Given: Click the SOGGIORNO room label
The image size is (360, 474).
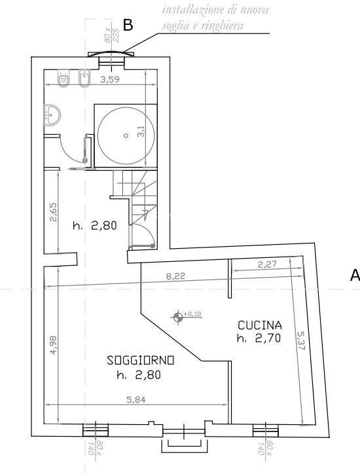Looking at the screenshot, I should tap(141, 360).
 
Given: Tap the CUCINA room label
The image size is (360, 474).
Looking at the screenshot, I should tap(260, 325).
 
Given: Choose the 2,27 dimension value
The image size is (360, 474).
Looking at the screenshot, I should tap(268, 265).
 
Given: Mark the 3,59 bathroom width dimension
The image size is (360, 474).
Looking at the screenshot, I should tap(111, 81).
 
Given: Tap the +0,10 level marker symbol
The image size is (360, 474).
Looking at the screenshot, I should tap(178, 318).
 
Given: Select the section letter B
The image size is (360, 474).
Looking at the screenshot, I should tap(128, 26).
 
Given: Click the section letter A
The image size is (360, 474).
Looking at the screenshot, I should tap(354, 275).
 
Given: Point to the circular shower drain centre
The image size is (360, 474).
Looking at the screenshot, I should tap(126, 136).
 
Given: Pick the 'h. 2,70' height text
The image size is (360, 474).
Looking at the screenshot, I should tap(260, 338).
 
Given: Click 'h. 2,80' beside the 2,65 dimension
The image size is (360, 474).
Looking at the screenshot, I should tap(95, 227).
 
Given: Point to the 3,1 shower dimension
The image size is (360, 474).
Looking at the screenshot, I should tap(139, 132).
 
